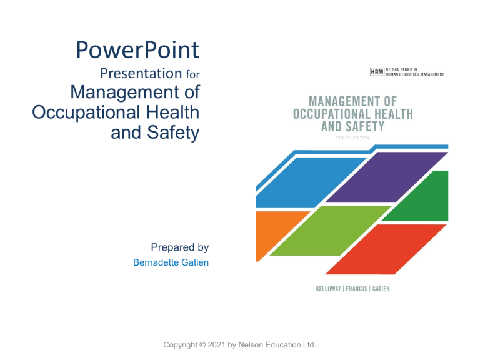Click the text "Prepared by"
pos(180,247)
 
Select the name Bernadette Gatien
pos(171,262)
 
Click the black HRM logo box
pos(377,72)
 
